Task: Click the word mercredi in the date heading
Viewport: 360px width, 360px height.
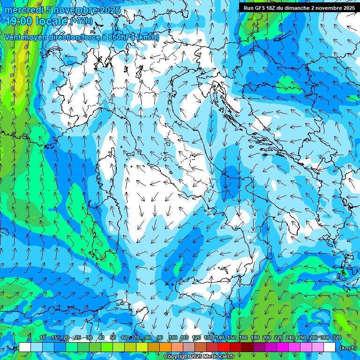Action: tap(24, 10)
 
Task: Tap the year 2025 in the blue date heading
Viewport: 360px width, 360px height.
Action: tap(110, 10)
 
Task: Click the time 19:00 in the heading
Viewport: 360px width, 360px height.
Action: tap(21, 21)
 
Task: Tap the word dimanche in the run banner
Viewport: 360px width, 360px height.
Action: tap(299, 8)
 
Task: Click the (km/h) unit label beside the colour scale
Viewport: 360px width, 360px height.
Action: tap(347, 348)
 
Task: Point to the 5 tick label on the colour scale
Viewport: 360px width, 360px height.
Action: tap(30, 337)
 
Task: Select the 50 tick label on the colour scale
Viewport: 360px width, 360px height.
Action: tap(113, 337)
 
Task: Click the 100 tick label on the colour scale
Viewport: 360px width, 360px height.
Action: tap(173, 337)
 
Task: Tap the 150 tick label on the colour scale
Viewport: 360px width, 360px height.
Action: tap(232, 337)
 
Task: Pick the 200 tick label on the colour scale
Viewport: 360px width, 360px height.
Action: tap(267, 337)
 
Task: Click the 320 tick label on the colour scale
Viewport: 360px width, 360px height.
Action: tap(337, 337)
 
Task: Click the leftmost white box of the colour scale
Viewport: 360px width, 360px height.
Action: tap(25, 347)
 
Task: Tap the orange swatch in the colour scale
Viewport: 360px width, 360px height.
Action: tap(165, 347)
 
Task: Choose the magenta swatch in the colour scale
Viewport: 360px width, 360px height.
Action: tap(283, 347)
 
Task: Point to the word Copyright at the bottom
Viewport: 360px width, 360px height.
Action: tap(176, 357)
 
